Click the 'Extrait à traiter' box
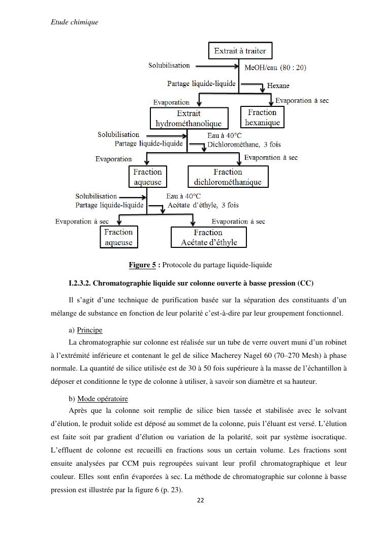pyautogui.click(x=240, y=51)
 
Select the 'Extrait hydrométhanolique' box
pyautogui.click(x=188, y=118)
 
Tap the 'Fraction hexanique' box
pyautogui.click(x=262, y=117)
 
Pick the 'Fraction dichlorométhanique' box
pyautogui.click(x=228, y=177)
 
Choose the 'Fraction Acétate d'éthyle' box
pyautogui.click(x=209, y=237)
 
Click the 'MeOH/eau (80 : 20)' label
pyautogui.click(x=275, y=67)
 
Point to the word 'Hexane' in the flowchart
pyautogui.click(x=278, y=86)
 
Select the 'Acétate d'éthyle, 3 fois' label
pyautogui.click(x=203, y=205)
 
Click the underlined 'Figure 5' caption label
pyautogui.click(x=142, y=265)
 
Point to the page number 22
pyautogui.click(x=200, y=500)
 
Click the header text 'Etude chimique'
pyautogui.click(x=75, y=22)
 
